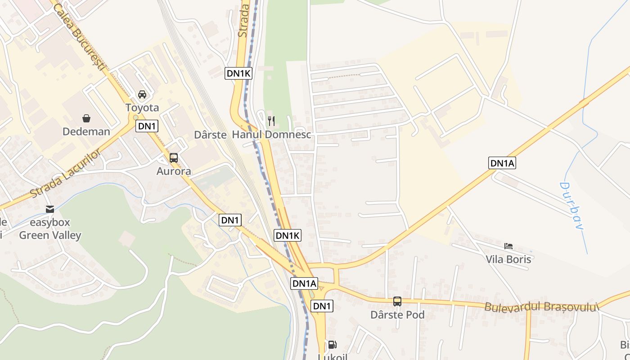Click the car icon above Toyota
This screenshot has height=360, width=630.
click(x=142, y=94)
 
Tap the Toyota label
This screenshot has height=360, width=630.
click(x=142, y=108)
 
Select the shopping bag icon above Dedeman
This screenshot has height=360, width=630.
click(x=86, y=118)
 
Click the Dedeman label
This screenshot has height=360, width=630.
click(x=86, y=131)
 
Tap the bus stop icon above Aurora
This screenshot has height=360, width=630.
click(x=174, y=158)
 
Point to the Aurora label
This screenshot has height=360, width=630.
click(x=174, y=171)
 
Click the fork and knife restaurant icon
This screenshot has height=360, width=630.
click(x=271, y=121)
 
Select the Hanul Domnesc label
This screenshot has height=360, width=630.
click(x=271, y=135)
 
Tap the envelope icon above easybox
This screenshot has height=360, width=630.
click(x=50, y=209)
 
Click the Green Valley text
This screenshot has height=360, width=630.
click(x=50, y=235)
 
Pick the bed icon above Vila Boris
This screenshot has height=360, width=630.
click(x=508, y=246)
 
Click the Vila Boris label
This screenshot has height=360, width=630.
click(x=508, y=259)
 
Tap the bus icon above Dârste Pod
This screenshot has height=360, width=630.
click(x=397, y=301)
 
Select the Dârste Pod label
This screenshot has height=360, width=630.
click(x=397, y=315)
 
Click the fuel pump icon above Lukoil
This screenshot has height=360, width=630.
click(x=332, y=345)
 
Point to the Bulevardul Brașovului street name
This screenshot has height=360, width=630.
click(x=542, y=307)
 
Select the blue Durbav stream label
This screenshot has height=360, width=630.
click(x=571, y=205)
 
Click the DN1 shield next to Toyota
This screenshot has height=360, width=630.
click(x=147, y=126)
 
